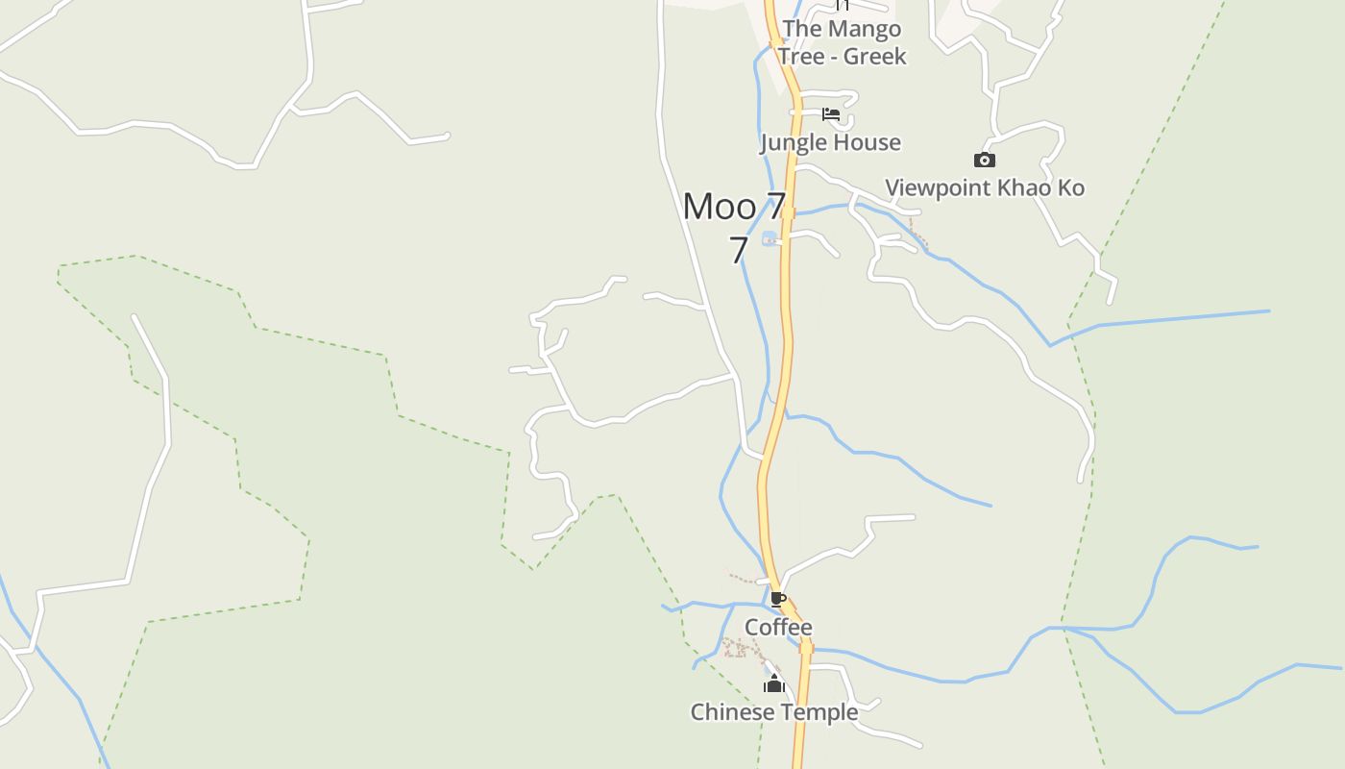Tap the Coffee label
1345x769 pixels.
pos(778,628)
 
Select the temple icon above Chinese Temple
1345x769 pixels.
pos(774,684)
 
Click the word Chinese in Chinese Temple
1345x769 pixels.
pos(731,712)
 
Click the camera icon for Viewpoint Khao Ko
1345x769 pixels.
pos(984,160)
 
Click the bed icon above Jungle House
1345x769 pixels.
pos(831,114)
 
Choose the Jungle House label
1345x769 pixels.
pos(830,143)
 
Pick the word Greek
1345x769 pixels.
pos(874,57)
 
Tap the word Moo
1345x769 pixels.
pos(719,207)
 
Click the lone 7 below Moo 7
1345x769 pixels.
pos(738,250)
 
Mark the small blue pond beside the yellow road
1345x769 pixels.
pos(769,238)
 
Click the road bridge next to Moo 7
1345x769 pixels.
pos(788,212)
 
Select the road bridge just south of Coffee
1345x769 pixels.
pos(806,648)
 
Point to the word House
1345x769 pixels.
pos(867,143)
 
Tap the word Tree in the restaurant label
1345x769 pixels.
pos(801,57)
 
